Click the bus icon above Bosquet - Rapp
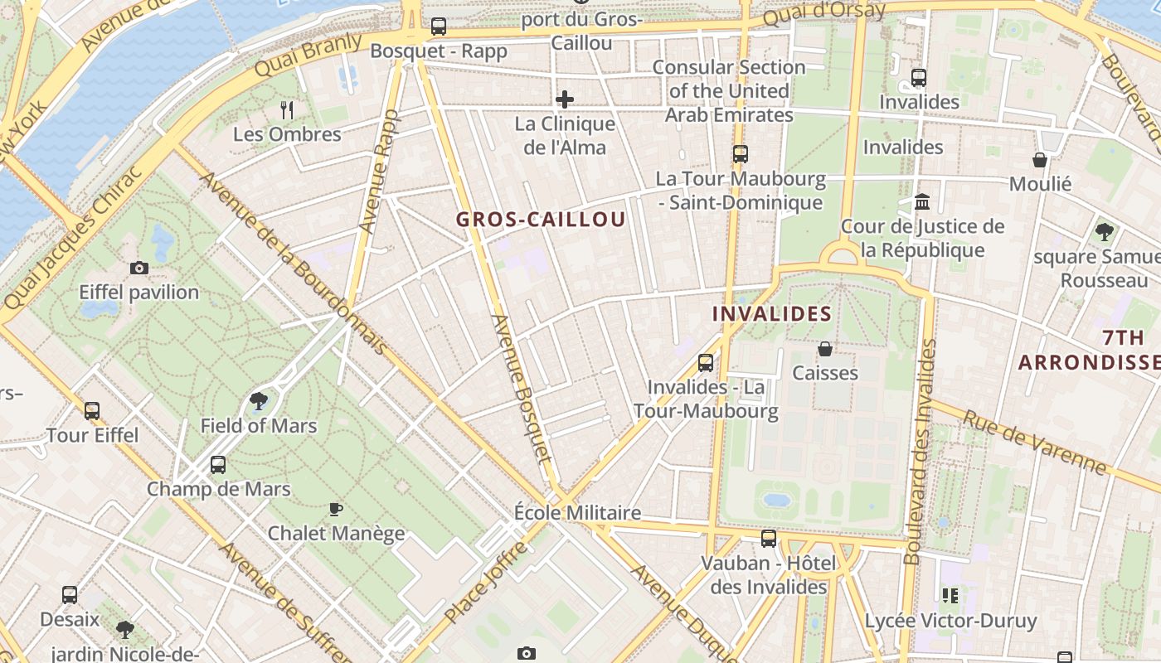click(439, 27)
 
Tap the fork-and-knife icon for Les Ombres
click(287, 109)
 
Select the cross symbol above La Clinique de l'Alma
click(565, 99)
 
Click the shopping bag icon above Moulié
click(1040, 159)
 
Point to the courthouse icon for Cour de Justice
click(922, 201)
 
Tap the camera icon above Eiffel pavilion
click(139, 268)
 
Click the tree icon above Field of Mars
click(259, 401)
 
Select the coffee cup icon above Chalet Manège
click(336, 508)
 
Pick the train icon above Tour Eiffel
click(92, 410)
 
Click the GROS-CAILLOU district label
click(541, 220)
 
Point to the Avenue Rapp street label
click(379, 171)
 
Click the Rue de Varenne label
click(1034, 443)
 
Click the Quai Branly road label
click(308, 56)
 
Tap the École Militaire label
click(577, 512)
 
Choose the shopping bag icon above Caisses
click(825, 349)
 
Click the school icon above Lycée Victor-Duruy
click(950, 595)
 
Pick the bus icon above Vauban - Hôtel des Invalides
click(769, 539)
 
